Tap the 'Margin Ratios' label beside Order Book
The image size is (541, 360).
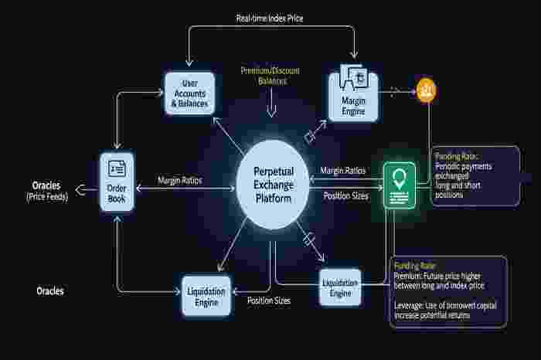click(179, 179)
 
